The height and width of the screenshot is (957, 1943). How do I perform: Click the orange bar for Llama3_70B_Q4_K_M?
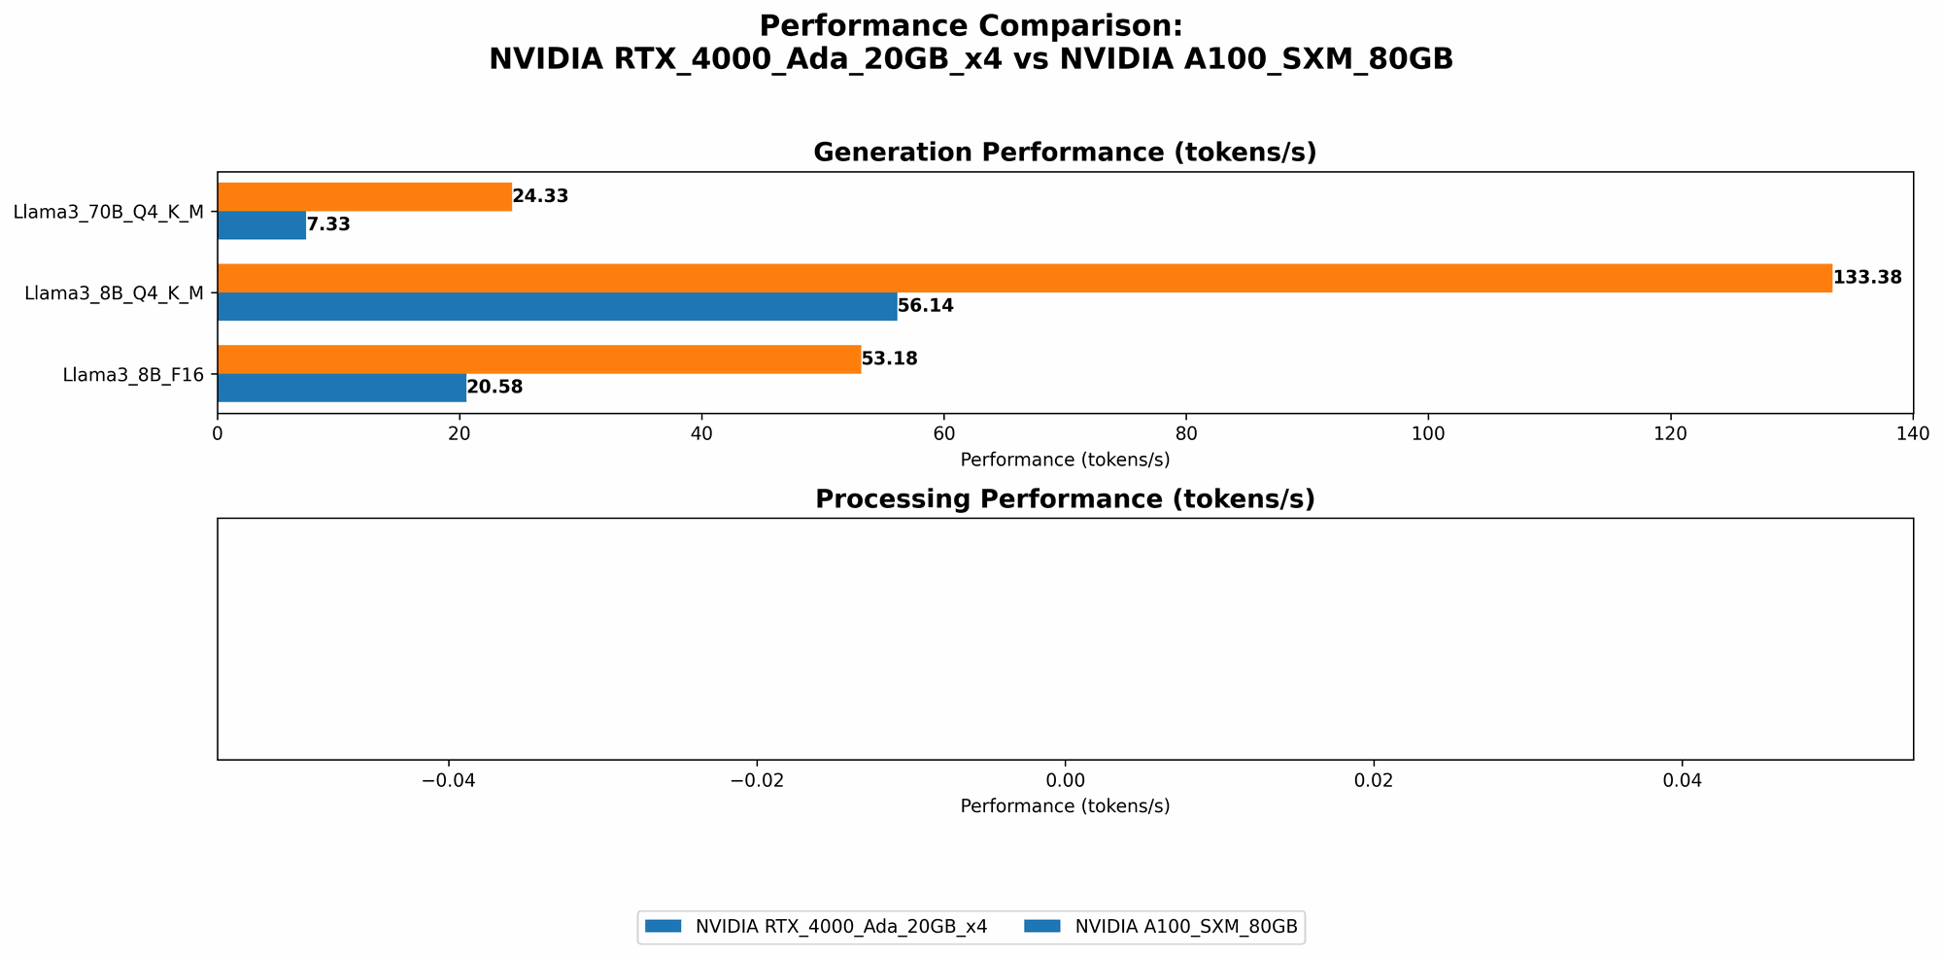(364, 196)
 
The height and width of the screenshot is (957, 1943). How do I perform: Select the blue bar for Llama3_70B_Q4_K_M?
(261, 224)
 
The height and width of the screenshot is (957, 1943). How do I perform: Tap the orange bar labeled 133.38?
(1024, 278)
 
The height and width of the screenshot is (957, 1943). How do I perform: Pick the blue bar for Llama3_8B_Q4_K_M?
(557, 306)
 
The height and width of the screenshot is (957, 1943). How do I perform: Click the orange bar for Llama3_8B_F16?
(538, 359)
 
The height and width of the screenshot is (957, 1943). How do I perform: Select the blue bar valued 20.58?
(341, 388)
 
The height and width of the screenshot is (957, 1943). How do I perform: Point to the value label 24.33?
(540, 196)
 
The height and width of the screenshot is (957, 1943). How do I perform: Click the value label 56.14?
(926, 306)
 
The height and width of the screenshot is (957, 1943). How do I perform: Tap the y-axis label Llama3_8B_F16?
(133, 374)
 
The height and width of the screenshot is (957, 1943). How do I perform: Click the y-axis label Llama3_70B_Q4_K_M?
(108, 212)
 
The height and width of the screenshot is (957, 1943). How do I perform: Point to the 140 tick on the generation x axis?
(1912, 433)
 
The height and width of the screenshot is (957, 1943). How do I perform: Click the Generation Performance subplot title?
(1065, 153)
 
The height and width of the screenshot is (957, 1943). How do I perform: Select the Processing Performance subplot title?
(1065, 499)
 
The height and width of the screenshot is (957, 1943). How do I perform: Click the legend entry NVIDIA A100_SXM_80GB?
(1185, 927)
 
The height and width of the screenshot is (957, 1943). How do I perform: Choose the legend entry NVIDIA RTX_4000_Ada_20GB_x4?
(840, 927)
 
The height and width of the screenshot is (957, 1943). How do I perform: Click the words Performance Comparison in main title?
(971, 25)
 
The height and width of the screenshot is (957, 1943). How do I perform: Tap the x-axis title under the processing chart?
(1065, 806)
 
